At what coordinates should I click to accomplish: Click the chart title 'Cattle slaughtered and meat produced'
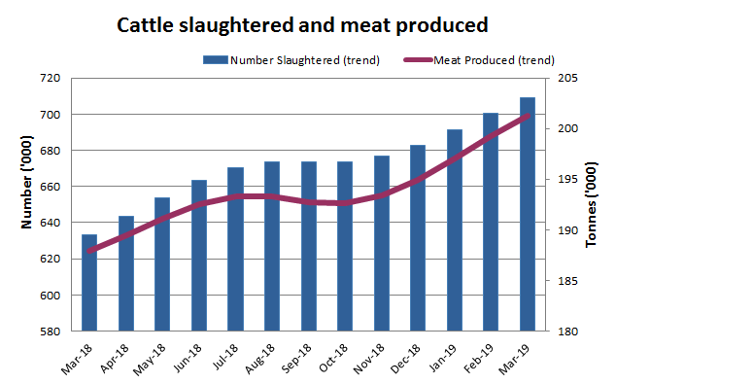[x=302, y=24]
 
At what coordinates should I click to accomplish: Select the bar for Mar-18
[x=89, y=283]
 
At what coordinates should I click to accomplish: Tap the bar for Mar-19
[x=528, y=215]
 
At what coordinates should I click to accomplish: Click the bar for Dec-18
[x=418, y=238]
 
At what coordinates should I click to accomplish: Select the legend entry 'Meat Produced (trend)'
[x=487, y=60]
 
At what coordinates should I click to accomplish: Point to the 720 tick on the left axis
[x=51, y=78]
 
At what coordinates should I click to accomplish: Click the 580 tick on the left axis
[x=51, y=332]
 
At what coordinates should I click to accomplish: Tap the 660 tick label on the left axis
[x=51, y=187]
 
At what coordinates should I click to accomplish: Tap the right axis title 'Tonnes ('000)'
[x=592, y=203]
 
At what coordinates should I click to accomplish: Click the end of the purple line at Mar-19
[x=528, y=115]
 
